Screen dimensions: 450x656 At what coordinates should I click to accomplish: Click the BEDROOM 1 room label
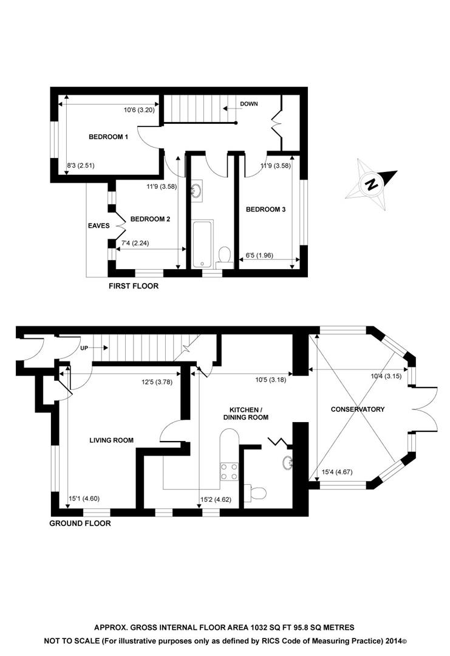pos(108,137)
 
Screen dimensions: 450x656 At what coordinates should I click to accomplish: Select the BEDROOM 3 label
pos(265,210)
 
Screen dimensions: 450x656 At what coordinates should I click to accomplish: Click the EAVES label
pos(98,225)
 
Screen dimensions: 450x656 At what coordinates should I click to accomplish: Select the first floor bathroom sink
pos(196,191)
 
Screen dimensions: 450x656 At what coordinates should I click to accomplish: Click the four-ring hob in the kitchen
pos(229,471)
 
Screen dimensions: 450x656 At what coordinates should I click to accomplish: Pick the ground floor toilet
pos(257,491)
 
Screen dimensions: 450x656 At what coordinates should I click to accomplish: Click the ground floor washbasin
pos(288,463)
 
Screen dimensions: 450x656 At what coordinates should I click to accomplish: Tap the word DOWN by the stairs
pos(248,104)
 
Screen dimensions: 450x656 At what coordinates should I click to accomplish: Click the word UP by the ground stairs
pos(84,349)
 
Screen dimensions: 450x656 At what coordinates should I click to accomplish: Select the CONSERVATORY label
pos(357,409)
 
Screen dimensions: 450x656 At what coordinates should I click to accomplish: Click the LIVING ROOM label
pos(111,440)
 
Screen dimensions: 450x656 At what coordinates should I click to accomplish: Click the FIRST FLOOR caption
pos(133,285)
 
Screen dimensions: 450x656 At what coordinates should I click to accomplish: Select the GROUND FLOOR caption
pos(80,522)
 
